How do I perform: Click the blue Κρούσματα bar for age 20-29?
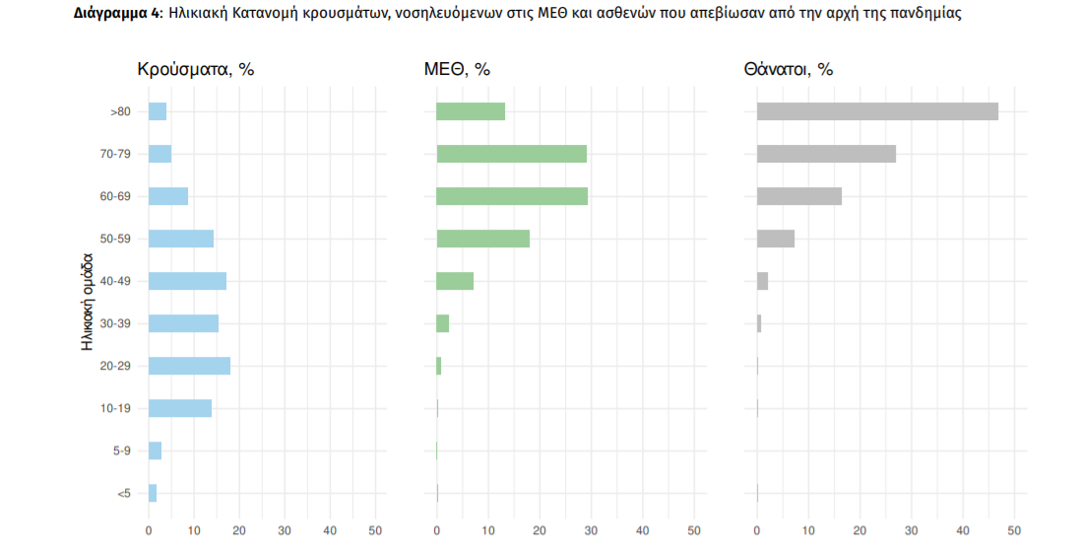(189, 366)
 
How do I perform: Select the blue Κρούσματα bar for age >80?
(158, 111)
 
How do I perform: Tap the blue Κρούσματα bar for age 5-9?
(155, 450)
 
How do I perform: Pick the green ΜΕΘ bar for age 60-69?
(512, 196)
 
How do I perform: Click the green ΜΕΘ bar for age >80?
(471, 111)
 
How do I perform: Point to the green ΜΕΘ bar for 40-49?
(455, 281)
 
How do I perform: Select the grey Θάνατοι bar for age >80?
(877, 111)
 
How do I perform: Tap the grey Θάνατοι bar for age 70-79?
(826, 154)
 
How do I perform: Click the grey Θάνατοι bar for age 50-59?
(776, 239)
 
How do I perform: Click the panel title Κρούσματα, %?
(195, 70)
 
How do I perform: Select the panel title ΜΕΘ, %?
(457, 70)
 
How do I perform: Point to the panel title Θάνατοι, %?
(789, 70)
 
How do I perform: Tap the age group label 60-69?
(115, 196)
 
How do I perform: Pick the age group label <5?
(123, 493)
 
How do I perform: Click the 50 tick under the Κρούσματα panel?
(375, 531)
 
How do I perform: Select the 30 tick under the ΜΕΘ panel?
(591, 531)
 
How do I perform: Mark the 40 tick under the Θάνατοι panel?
(962, 531)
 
